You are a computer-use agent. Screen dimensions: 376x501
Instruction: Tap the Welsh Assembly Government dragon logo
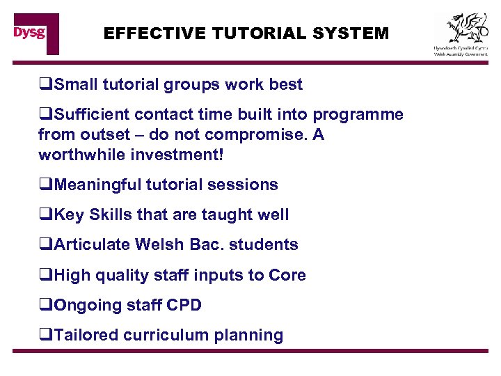(x=461, y=33)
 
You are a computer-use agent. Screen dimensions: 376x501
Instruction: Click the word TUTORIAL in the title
(x=248, y=33)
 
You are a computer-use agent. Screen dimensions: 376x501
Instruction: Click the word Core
(x=287, y=275)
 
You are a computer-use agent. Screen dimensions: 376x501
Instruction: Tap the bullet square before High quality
(x=46, y=276)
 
